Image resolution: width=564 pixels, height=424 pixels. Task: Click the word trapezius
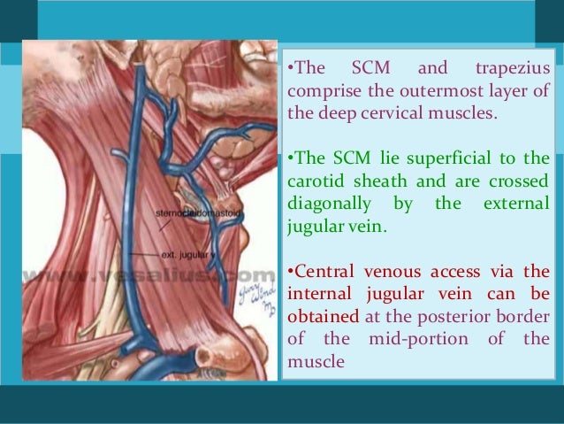tap(513, 69)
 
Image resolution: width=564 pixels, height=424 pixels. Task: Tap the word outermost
tap(456, 91)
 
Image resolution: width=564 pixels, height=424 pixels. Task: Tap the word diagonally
tap(327, 204)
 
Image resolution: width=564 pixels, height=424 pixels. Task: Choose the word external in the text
tap(518, 204)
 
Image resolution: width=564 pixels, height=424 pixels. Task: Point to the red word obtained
tap(324, 317)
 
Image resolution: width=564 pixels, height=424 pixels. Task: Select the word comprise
tap(326, 91)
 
